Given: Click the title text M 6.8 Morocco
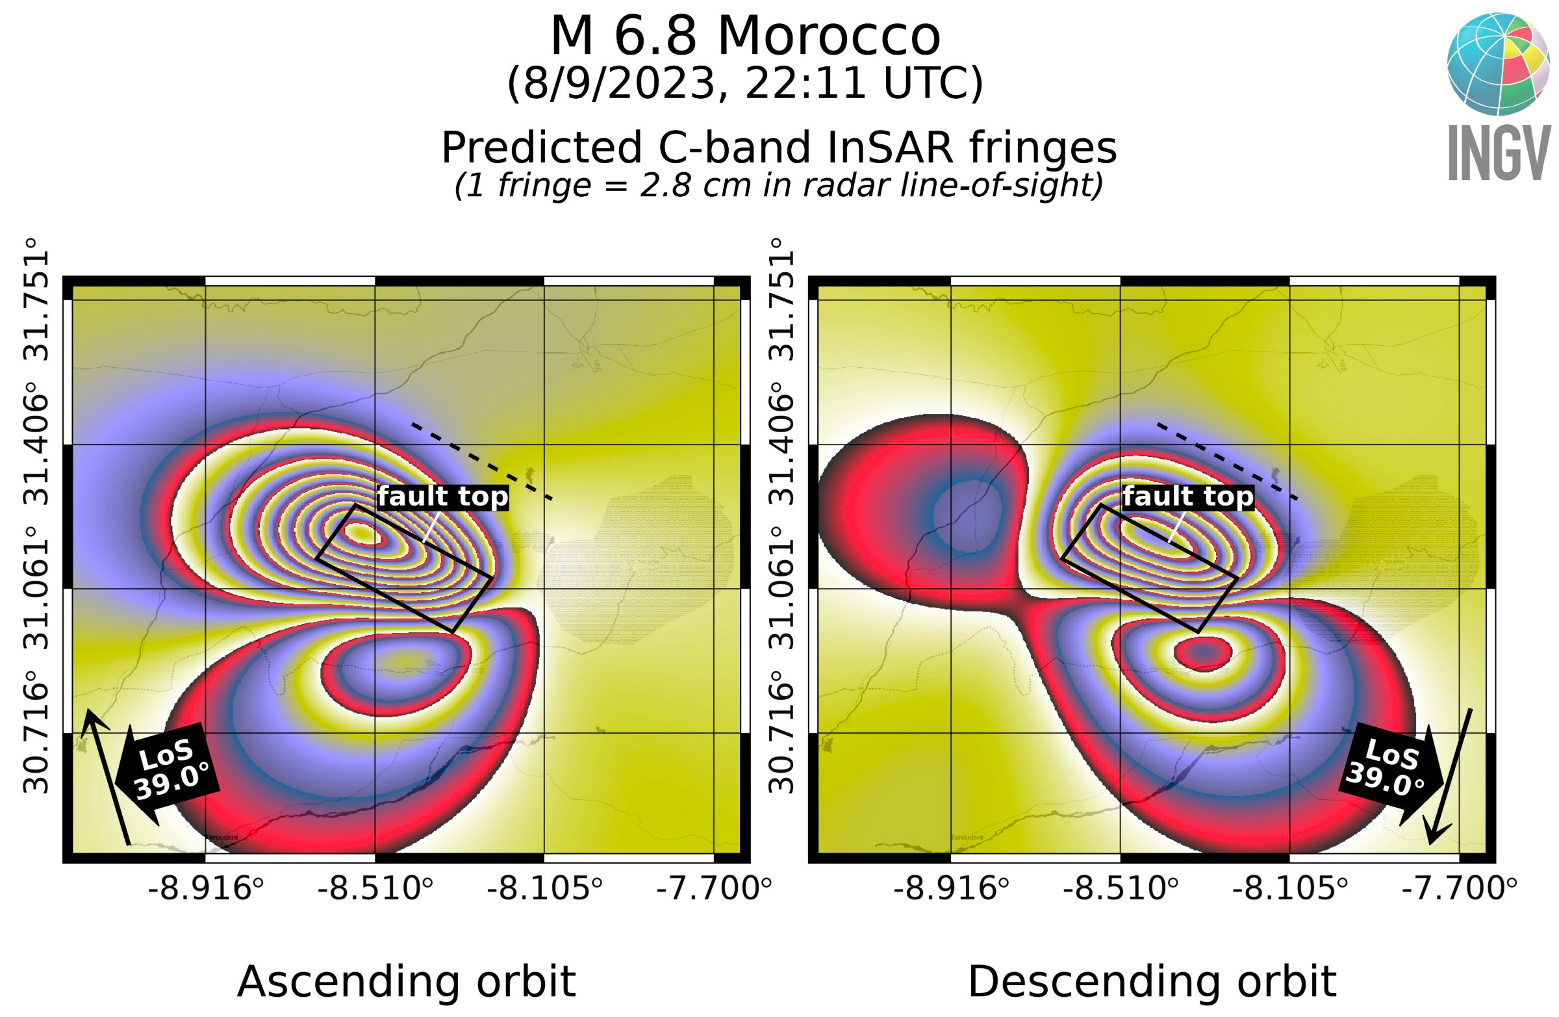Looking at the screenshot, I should [x=745, y=36].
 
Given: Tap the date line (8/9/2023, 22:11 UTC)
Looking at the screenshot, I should [x=745, y=83].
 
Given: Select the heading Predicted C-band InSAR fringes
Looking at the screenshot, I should [x=778, y=148].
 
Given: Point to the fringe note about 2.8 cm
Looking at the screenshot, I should [x=778, y=185].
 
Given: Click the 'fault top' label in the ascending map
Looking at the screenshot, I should [x=443, y=496].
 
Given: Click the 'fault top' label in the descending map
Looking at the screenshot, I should [x=1188, y=496].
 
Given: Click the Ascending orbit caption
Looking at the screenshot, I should [x=406, y=982].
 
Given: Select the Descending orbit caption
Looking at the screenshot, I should [x=1152, y=982].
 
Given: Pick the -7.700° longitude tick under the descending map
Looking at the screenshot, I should [x=1459, y=889].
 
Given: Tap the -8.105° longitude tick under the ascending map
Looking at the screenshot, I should [x=544, y=889].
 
